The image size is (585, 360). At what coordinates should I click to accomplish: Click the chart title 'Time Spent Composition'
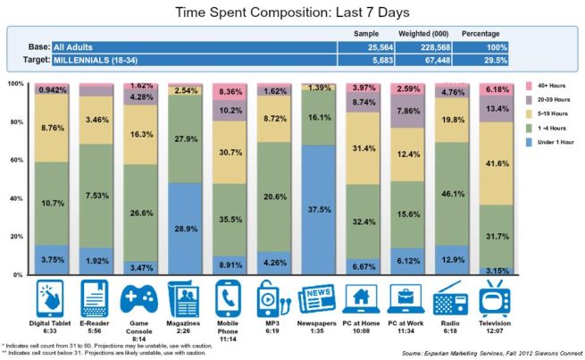pos(291,12)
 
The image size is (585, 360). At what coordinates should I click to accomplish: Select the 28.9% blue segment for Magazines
pos(185,229)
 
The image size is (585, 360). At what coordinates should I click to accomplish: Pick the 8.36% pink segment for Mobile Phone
pos(230,90)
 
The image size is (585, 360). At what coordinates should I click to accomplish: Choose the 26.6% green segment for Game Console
pos(140,213)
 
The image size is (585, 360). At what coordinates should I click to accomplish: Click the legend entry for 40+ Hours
pos(549,85)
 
